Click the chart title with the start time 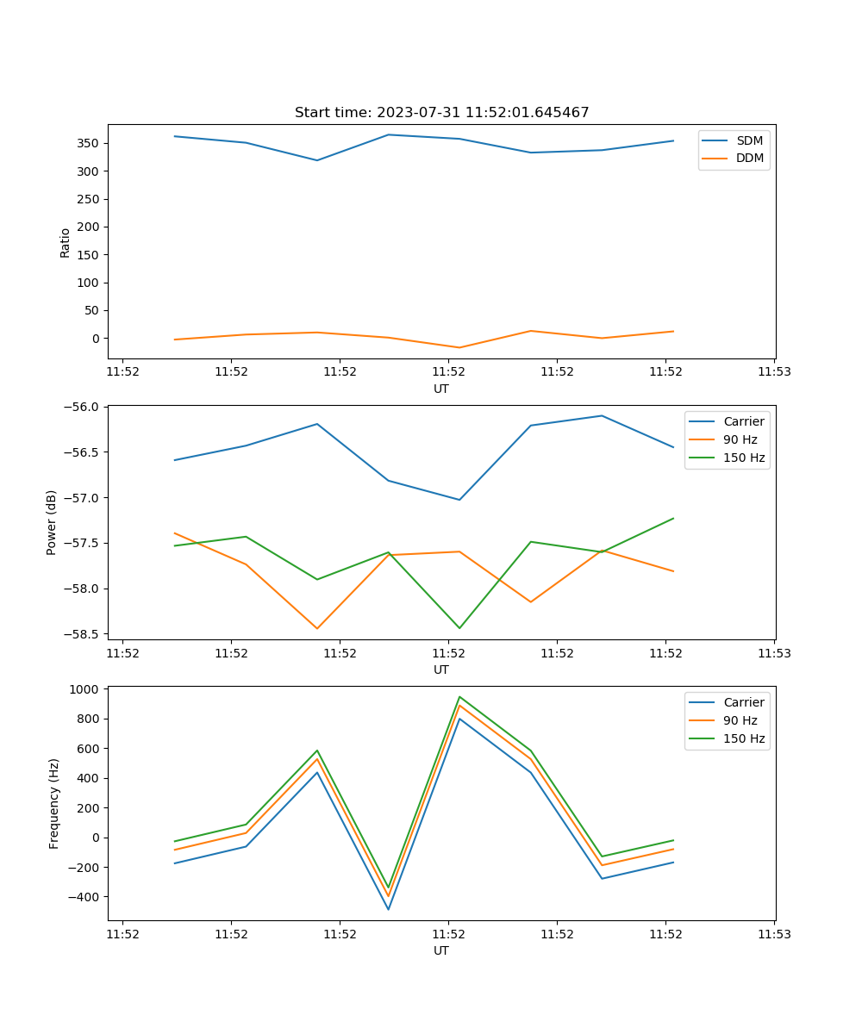click(x=441, y=113)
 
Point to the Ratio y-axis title click(x=65, y=243)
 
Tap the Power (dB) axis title click(x=52, y=522)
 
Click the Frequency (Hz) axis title click(x=53, y=803)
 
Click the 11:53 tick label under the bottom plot click(x=774, y=934)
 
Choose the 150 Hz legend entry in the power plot click(x=743, y=458)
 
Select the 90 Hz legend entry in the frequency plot click(x=740, y=720)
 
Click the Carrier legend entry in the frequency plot click(x=743, y=702)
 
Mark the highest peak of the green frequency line click(x=459, y=696)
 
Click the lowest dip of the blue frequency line click(x=388, y=909)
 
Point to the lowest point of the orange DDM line click(x=459, y=347)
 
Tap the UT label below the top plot click(x=441, y=389)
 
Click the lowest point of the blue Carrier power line click(x=459, y=500)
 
